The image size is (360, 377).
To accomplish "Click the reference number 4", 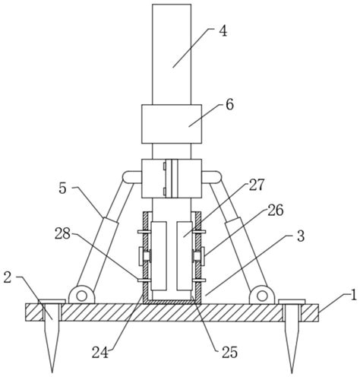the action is click(223, 32).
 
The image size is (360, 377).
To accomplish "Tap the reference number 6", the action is click(229, 105).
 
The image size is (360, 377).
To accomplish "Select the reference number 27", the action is click(257, 185).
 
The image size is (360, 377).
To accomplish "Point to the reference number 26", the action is click(276, 211).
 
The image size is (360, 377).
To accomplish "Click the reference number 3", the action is click(301, 236).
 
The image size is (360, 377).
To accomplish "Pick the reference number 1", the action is click(354, 296).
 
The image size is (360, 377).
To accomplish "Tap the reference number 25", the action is click(229, 352).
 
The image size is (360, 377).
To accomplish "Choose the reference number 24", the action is click(100, 352).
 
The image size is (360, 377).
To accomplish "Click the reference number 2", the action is click(8, 277).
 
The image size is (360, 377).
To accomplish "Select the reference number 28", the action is click(62, 234).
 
